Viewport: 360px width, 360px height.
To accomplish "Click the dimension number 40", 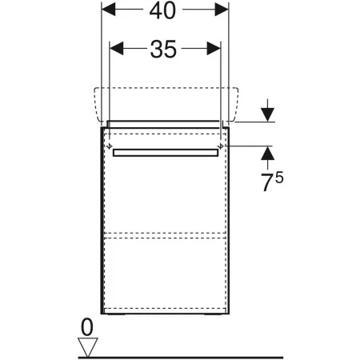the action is tap(162, 10).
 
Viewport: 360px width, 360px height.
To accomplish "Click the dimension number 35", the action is tap(163, 49).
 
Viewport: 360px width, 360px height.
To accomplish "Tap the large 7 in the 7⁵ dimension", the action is tap(267, 182).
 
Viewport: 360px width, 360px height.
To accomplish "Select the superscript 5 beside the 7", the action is tap(279, 178).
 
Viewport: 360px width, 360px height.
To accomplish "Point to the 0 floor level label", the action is tap(87, 327).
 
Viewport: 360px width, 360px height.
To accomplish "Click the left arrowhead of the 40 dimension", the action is tap(108, 10).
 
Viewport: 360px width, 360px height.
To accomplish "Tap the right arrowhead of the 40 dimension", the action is tap(222, 10).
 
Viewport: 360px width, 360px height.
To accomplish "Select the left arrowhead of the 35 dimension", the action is tap(117, 49).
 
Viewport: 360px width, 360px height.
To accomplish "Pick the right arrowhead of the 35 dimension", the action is tap(214, 49).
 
